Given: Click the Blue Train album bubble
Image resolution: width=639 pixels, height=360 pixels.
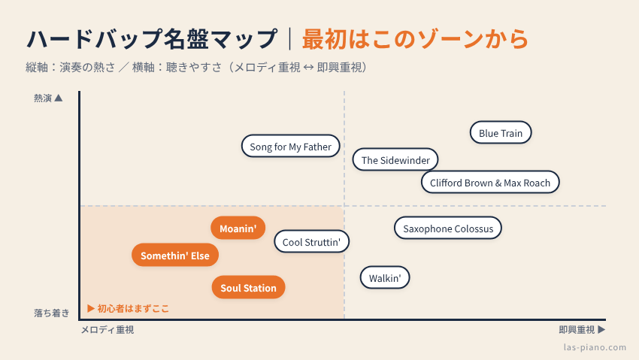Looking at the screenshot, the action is pyautogui.click(x=501, y=133).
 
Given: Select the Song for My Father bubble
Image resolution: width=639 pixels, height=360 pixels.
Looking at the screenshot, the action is pyautogui.click(x=291, y=147).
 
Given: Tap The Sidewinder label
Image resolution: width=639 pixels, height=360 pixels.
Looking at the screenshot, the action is pyautogui.click(x=395, y=159).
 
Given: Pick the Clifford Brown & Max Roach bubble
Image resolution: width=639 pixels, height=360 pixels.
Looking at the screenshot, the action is pyautogui.click(x=490, y=183).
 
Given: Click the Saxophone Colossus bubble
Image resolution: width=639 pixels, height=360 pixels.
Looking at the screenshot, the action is pyautogui.click(x=448, y=228).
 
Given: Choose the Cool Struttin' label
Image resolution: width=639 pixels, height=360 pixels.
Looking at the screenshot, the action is pyautogui.click(x=311, y=241).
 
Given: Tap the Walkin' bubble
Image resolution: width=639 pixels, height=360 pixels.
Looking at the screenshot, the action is pyautogui.click(x=385, y=278).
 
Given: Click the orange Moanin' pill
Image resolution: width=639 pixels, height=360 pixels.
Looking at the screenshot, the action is pyautogui.click(x=238, y=228).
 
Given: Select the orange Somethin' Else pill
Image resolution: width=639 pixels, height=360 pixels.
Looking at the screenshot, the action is pyautogui.click(x=175, y=255).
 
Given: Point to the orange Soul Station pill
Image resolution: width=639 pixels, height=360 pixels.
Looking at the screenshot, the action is pyautogui.click(x=248, y=287).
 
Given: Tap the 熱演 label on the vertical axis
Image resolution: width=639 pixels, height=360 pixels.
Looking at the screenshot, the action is pyautogui.click(x=43, y=98).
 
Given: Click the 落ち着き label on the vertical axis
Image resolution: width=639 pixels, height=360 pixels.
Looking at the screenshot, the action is pyautogui.click(x=52, y=313).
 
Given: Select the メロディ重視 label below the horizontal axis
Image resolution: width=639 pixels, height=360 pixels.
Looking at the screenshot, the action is pyautogui.click(x=108, y=329).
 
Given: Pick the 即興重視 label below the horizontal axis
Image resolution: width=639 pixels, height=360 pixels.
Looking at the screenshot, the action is pyautogui.click(x=577, y=329).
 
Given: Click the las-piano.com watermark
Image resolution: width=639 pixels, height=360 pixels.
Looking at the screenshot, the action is pyautogui.click(x=595, y=347).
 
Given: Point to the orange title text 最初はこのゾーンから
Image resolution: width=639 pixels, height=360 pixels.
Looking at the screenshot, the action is pyautogui.click(x=415, y=39).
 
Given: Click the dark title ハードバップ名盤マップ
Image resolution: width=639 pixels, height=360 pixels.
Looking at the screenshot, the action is pyautogui.click(x=152, y=39).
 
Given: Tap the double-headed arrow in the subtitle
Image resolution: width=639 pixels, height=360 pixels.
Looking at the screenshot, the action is pyautogui.click(x=308, y=67).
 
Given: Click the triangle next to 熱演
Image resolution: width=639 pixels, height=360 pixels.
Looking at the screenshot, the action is pyautogui.click(x=59, y=98).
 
